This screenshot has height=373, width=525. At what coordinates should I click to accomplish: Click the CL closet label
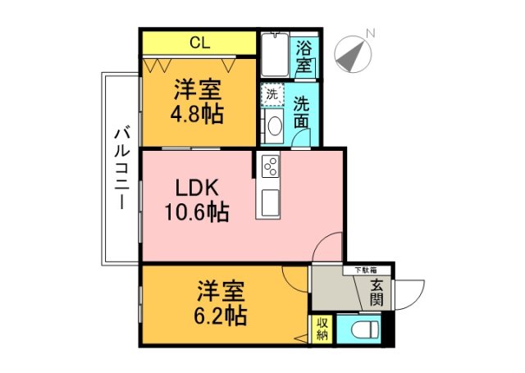[199, 43]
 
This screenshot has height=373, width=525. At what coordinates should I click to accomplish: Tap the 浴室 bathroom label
[305, 55]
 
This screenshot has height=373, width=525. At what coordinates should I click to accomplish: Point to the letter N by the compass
[371, 34]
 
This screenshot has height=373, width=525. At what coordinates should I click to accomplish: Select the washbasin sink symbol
[273, 125]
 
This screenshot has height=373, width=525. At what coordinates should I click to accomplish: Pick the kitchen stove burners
[271, 167]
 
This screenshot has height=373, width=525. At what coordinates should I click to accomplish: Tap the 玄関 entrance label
[377, 293]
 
